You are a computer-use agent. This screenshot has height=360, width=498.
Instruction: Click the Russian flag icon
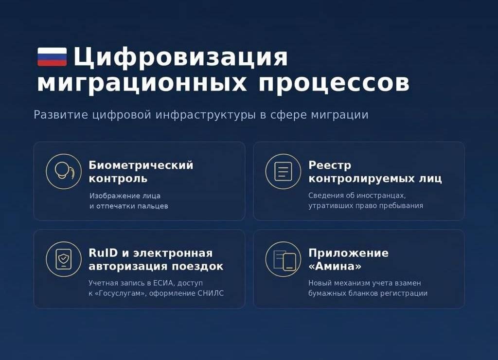[x=52, y=57]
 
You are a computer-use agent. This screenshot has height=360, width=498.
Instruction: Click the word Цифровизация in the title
[x=181, y=57]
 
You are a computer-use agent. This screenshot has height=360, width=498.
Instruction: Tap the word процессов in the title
[x=334, y=84]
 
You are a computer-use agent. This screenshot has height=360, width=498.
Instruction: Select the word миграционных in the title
[x=142, y=84]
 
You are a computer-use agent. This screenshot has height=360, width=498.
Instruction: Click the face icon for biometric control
[x=64, y=172]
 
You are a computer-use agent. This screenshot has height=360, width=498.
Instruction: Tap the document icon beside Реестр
[x=283, y=172]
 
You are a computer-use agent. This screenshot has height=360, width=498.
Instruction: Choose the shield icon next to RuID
[x=64, y=259]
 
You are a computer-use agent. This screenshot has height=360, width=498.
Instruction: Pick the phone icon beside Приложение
[x=283, y=259]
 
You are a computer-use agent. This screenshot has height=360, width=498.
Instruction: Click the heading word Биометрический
[x=141, y=165]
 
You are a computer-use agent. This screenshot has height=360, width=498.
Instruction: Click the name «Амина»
[x=335, y=266]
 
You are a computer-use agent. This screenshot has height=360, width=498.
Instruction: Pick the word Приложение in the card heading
[x=348, y=253]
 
